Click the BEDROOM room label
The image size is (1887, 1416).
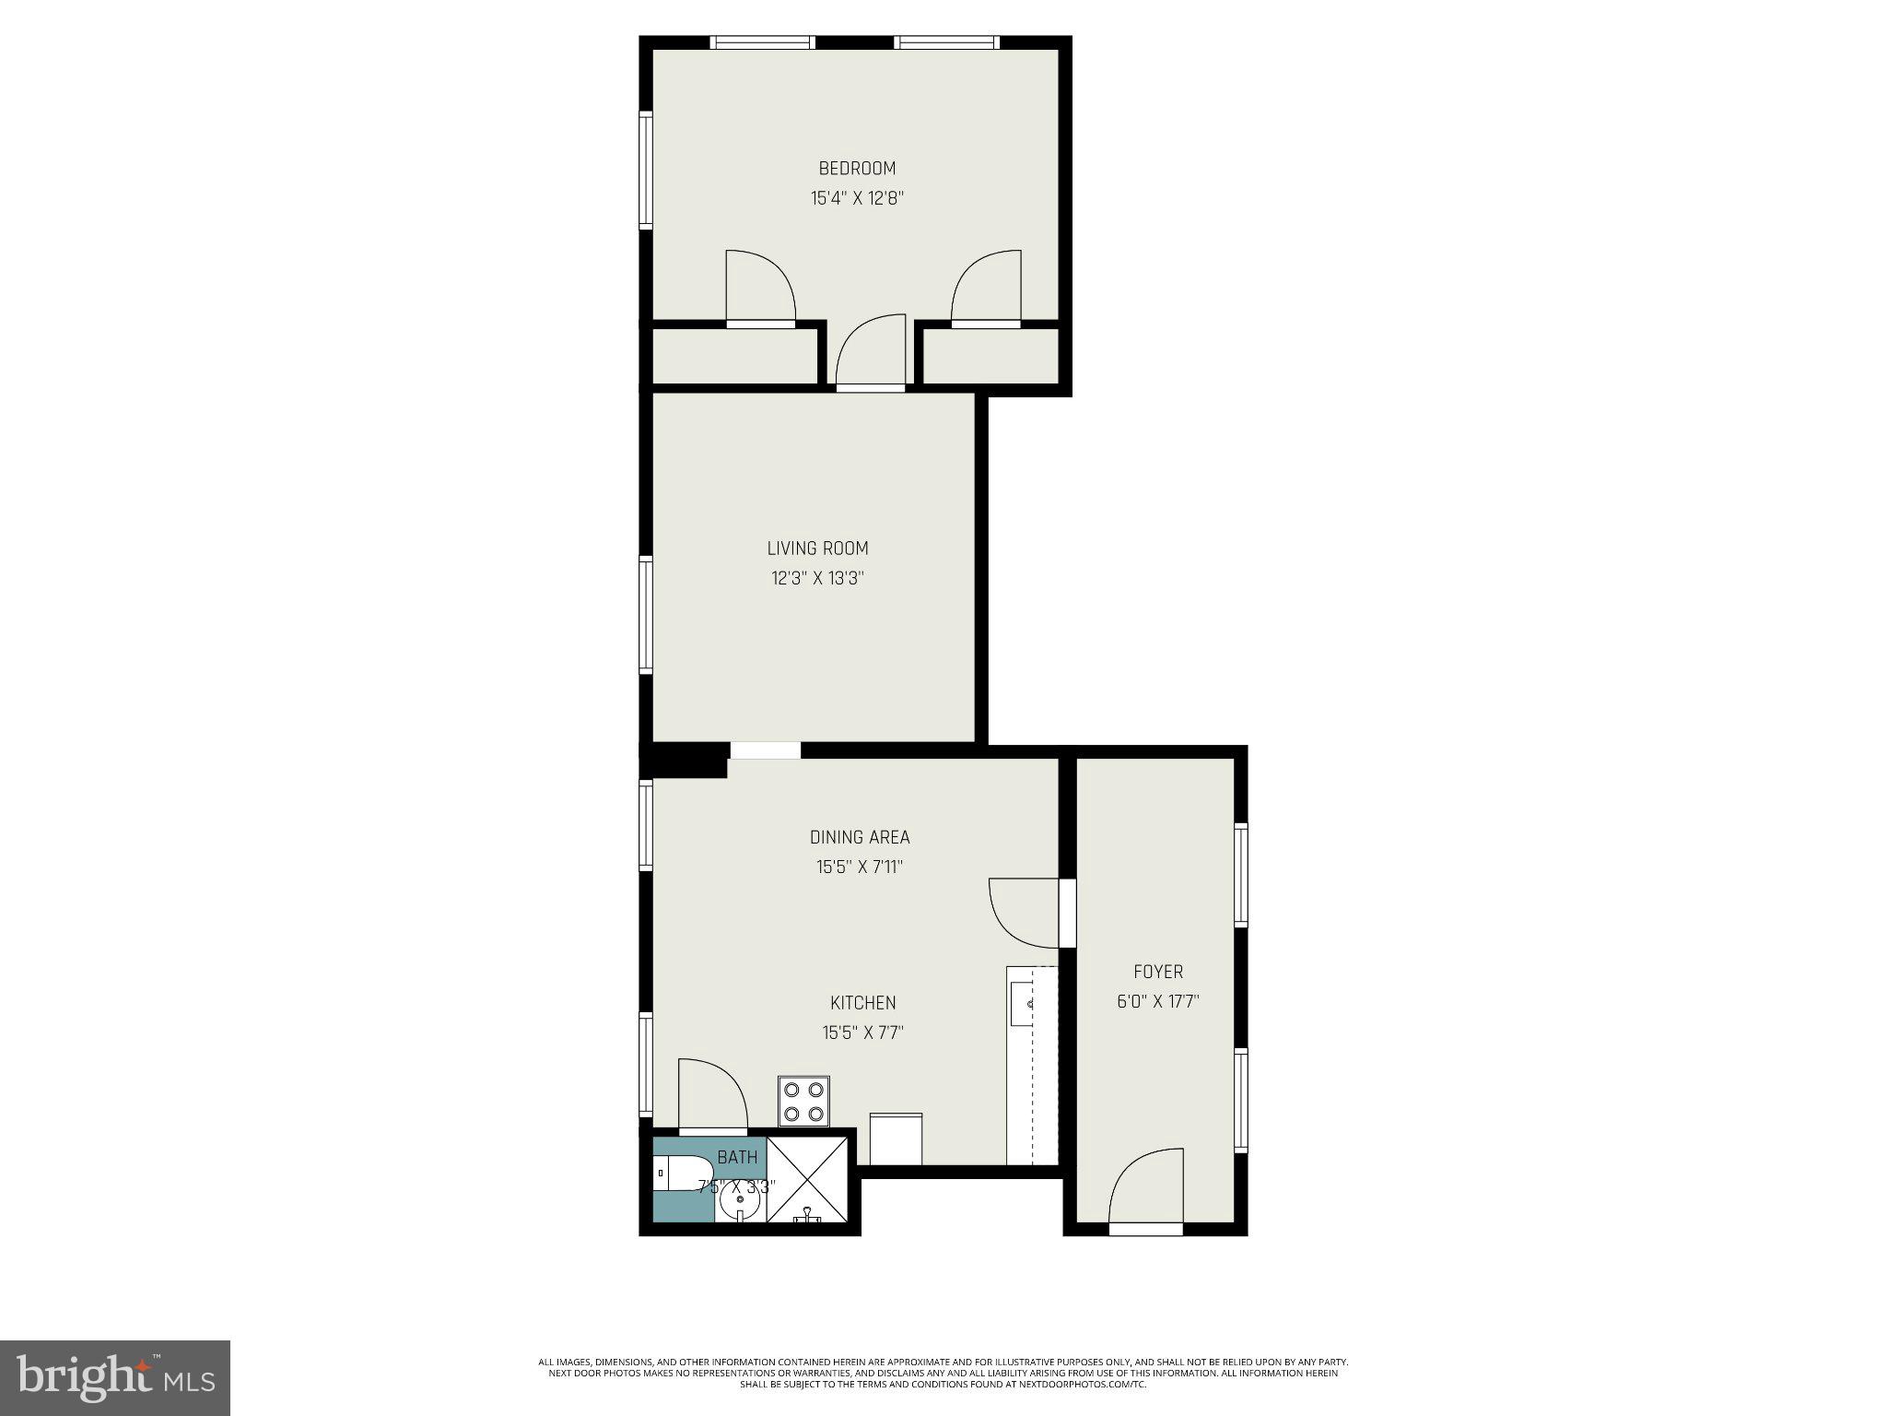[x=857, y=169]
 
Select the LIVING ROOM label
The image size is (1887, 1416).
[x=817, y=549]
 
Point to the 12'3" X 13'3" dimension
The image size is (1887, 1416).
[x=817, y=579]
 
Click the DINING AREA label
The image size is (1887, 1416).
[x=860, y=837]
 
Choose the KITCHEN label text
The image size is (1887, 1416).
[x=862, y=1003]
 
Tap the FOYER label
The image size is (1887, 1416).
[x=1158, y=972]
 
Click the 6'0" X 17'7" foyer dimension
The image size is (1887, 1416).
[x=1158, y=1001]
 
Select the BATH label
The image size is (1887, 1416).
[x=737, y=1157]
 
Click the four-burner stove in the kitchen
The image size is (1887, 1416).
[x=803, y=1102]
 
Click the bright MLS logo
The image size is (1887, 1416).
[x=115, y=1378]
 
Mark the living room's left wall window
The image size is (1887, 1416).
[x=647, y=615]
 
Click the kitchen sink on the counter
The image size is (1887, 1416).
[x=1025, y=1003]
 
